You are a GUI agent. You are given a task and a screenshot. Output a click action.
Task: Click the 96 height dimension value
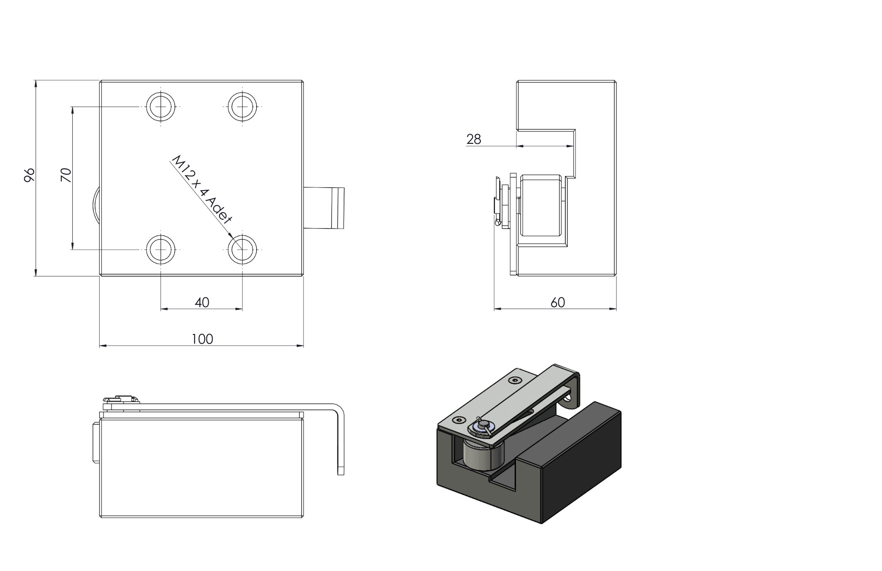click(x=29, y=175)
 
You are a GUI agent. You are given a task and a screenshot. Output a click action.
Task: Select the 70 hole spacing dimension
click(x=66, y=175)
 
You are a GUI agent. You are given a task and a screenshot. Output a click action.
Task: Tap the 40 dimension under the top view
click(x=202, y=303)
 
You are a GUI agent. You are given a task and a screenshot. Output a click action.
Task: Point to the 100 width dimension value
click(x=202, y=339)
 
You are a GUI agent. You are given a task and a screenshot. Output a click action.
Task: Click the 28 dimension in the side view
click(x=474, y=139)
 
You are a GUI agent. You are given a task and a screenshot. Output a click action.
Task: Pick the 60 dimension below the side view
click(x=557, y=303)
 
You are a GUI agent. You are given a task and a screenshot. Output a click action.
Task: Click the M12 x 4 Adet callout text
click(x=201, y=190)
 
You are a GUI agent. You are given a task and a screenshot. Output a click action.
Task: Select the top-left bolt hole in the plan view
click(x=161, y=107)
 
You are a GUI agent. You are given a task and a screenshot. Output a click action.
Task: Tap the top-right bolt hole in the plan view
click(x=242, y=107)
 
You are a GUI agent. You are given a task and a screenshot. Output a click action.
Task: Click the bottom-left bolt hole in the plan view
click(x=161, y=250)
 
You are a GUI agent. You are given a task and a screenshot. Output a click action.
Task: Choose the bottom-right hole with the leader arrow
click(x=242, y=250)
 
